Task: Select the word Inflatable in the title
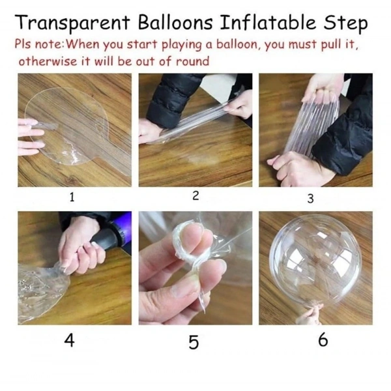coord(276,23)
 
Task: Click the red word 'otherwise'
coord(47,62)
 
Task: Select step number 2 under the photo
coord(195,197)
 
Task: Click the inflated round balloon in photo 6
coord(315,261)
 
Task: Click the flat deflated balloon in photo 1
coord(65,130)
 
